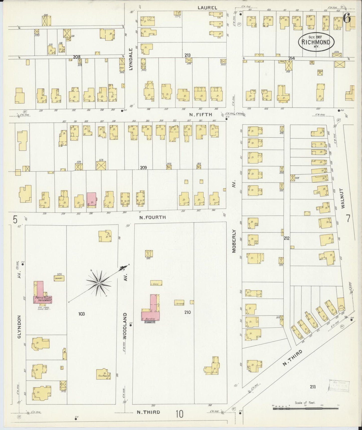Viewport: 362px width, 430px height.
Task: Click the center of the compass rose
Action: click(x=99, y=283)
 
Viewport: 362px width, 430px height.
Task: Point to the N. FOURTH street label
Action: click(x=153, y=217)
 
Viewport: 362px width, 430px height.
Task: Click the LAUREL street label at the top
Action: click(x=207, y=8)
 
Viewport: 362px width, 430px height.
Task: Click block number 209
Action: click(x=143, y=168)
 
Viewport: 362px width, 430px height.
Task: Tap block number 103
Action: click(x=82, y=314)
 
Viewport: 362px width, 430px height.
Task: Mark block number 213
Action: click(x=187, y=55)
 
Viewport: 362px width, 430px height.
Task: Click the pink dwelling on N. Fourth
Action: click(x=91, y=200)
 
